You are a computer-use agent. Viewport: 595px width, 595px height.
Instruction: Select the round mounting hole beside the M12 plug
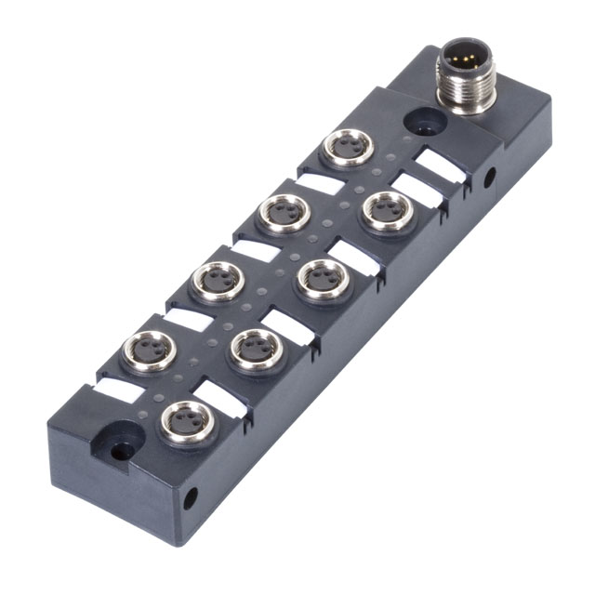[415, 121]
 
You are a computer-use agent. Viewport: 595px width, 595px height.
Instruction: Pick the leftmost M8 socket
[148, 351]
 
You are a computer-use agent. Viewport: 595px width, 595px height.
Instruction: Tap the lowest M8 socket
[187, 422]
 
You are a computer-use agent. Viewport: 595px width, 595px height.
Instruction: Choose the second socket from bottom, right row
[254, 349]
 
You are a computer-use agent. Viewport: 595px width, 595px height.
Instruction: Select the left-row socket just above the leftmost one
[216, 280]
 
